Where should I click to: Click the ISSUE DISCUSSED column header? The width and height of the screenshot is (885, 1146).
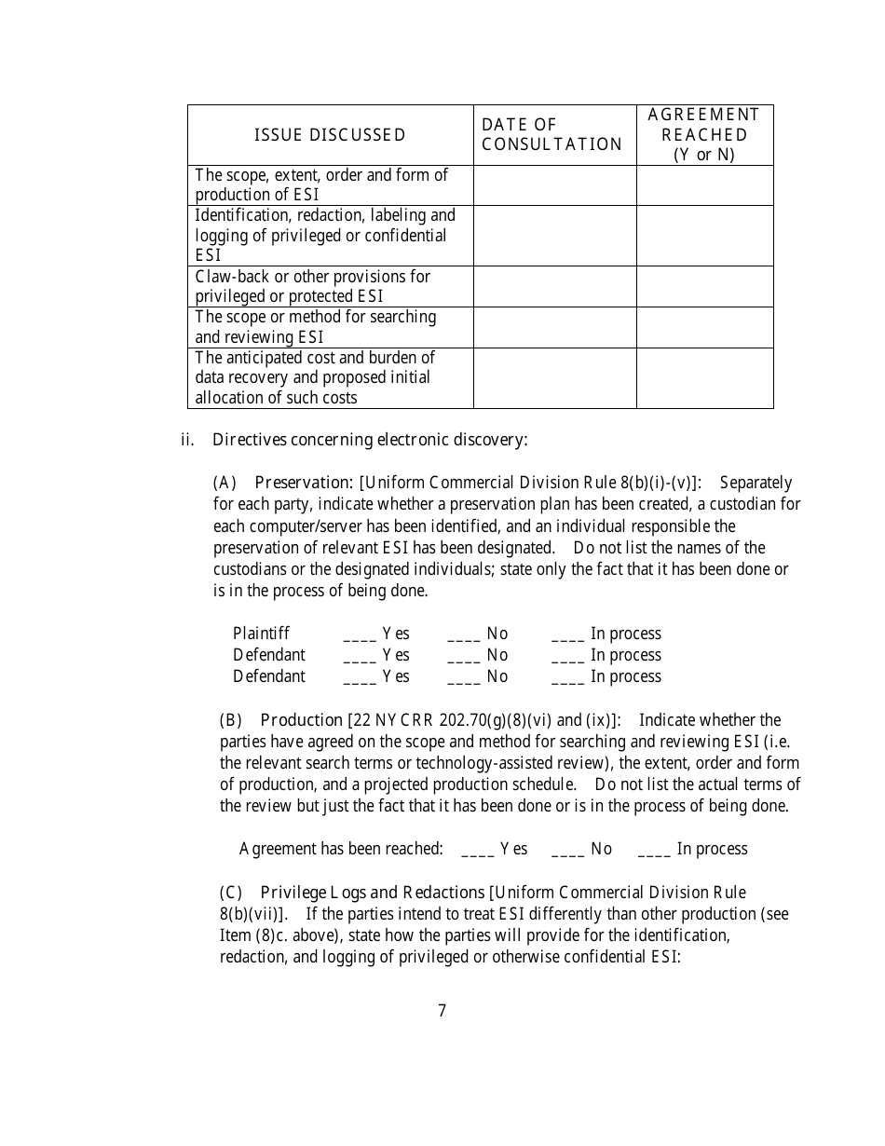tap(330, 135)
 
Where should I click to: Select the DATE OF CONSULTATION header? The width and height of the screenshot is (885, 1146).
tap(551, 135)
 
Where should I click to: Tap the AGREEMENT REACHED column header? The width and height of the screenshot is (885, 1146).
tap(704, 134)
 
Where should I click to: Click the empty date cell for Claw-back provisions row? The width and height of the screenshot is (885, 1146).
tap(554, 287)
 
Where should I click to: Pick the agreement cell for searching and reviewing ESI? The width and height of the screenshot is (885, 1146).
tap(704, 328)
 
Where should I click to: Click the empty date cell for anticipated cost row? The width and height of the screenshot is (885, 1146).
tap(554, 378)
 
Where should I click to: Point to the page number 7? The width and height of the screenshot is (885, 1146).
tap(442, 1011)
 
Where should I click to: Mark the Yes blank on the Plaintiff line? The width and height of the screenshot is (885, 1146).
tap(360, 635)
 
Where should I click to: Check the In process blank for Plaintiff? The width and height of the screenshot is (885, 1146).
tap(567, 635)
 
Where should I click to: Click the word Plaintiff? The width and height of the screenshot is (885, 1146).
tap(261, 634)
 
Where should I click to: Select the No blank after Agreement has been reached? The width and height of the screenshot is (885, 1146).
tap(567, 851)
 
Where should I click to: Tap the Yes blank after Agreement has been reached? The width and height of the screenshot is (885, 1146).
tap(477, 851)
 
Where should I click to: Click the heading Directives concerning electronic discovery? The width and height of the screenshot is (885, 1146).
tap(370, 440)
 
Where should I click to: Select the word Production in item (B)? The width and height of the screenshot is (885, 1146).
tap(301, 720)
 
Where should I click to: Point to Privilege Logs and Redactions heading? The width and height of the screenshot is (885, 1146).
tap(373, 893)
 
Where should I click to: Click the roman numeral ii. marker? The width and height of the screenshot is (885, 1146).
tap(186, 440)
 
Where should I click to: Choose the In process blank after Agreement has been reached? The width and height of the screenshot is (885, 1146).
tap(654, 851)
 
